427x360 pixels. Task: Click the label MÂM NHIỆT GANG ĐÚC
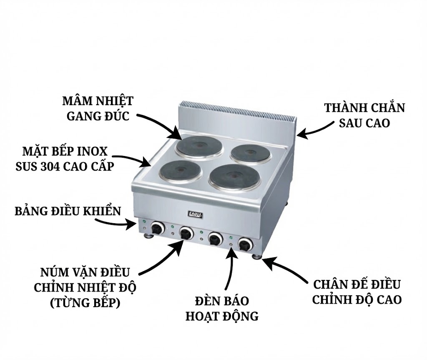(x=98, y=108)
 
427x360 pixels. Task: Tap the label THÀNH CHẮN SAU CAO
(x=364, y=115)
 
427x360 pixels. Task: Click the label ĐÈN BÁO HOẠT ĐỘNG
(x=222, y=308)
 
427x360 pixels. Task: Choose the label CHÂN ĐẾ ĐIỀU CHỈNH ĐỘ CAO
(x=357, y=292)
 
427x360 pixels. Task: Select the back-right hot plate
(x=249, y=153)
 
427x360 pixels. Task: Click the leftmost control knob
(x=157, y=228)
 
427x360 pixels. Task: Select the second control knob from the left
(x=186, y=233)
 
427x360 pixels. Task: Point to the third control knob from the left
(x=215, y=239)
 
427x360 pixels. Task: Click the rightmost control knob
(x=244, y=243)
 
